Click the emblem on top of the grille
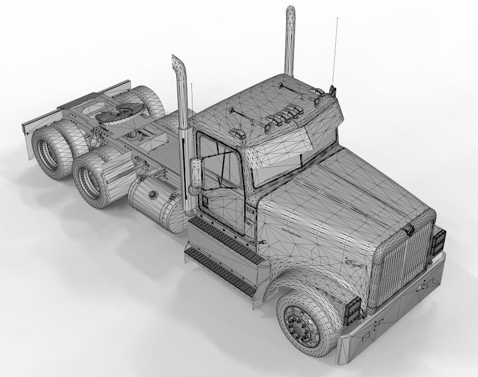[409, 229]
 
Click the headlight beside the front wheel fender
[354, 310]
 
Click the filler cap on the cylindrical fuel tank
[153, 195]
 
